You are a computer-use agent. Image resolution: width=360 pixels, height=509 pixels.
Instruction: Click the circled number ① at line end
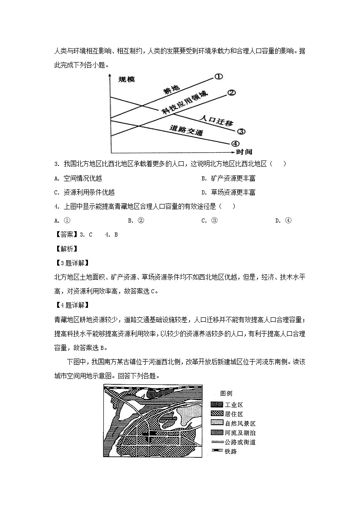pos(219,77)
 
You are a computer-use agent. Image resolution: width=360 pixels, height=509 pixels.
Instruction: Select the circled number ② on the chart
pos(231,93)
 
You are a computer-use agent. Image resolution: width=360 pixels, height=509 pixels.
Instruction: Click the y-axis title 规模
pos(126,80)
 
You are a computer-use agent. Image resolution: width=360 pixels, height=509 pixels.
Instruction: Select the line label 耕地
pos(172,91)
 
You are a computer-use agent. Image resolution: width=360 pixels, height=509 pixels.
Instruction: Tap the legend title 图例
pos(226,393)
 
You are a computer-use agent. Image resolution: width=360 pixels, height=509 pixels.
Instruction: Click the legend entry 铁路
pos(230,451)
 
